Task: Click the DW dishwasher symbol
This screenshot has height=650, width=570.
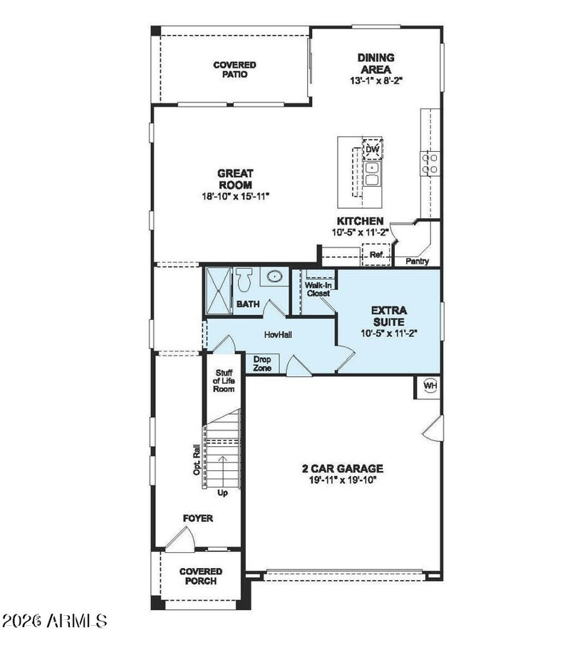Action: (372, 149)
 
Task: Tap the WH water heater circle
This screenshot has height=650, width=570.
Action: (430, 386)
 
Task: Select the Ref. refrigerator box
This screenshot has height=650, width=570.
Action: (376, 254)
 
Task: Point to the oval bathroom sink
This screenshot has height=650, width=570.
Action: (274, 276)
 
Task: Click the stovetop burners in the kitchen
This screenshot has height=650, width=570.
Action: (430, 163)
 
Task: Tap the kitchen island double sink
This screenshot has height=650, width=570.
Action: (372, 174)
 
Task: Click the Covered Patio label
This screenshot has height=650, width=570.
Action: (234, 70)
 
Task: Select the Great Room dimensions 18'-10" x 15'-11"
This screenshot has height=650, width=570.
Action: (235, 196)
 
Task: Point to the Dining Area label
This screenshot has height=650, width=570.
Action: (376, 63)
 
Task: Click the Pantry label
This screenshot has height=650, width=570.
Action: (417, 261)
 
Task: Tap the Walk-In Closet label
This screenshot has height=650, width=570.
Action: (318, 289)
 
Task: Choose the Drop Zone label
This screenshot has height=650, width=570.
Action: (262, 363)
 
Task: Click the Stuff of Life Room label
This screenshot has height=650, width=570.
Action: (224, 381)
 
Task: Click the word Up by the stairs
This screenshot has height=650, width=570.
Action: (222, 493)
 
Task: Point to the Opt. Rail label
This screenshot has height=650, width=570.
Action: (197, 460)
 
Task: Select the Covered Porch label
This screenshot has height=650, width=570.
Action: (201, 576)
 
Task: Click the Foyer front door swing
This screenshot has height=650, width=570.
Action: (181, 539)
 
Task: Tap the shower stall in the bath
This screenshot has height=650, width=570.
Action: (218, 292)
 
